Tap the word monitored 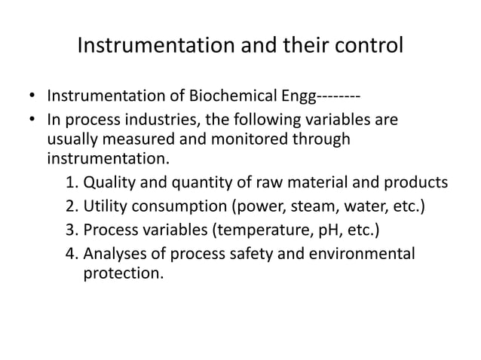click(235, 139)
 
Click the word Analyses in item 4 click(113, 253)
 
